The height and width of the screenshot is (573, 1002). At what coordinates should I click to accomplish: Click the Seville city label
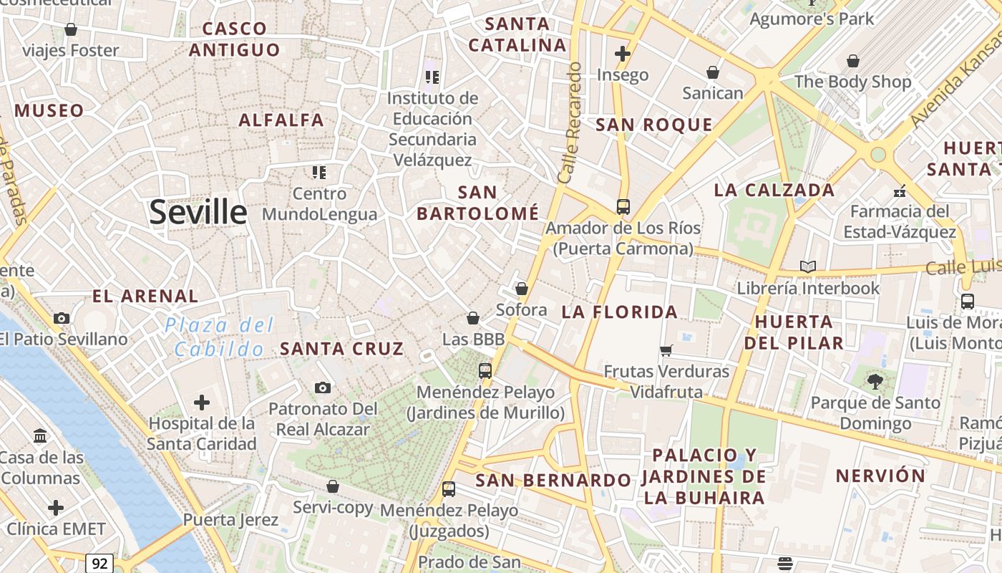[x=198, y=213]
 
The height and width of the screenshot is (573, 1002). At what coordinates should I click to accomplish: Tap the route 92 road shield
[x=99, y=563]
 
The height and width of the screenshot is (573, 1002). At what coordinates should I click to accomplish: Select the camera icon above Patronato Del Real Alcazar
[x=323, y=387]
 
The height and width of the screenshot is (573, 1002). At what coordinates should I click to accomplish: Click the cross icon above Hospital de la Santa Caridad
[x=202, y=402]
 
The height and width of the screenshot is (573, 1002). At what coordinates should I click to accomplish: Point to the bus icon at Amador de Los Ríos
[x=623, y=207]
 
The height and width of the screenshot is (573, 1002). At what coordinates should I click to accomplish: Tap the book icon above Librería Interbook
[x=808, y=267]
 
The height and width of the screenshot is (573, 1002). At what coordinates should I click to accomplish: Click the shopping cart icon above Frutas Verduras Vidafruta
[x=666, y=350]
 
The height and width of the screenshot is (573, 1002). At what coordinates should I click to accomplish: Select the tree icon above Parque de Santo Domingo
[x=875, y=382]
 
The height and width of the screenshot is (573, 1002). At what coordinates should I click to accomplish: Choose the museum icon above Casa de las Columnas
[x=41, y=435]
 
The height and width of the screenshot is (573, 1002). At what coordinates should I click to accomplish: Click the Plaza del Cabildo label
[x=219, y=337]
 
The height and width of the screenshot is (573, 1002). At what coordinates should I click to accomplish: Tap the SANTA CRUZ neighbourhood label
[x=342, y=349]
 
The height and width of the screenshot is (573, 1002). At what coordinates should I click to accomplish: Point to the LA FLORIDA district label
[x=620, y=312]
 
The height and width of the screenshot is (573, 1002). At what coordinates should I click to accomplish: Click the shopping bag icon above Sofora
[x=522, y=289]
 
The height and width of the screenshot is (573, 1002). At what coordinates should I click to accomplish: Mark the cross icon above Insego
[x=623, y=54]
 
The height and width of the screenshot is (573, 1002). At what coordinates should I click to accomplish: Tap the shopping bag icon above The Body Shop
[x=852, y=61]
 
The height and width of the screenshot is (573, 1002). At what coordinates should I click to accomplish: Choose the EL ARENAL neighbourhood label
[x=145, y=296]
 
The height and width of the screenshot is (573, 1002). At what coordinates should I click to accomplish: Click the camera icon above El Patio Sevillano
[x=62, y=318]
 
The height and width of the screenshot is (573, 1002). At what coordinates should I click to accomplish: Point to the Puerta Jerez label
[x=230, y=519]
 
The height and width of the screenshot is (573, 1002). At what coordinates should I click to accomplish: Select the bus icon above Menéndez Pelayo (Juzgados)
[x=449, y=489]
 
